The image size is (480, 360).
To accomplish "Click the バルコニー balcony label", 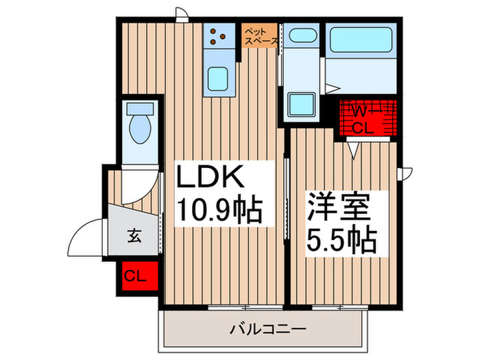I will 267,330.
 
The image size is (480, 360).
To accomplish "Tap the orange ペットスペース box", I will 261,36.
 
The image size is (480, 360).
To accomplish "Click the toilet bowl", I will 141,130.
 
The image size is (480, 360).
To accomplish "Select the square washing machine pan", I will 301,105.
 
